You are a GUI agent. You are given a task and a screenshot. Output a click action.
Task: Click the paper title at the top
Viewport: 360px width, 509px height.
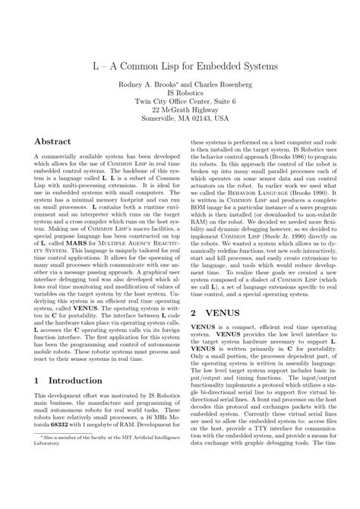click(180, 68)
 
